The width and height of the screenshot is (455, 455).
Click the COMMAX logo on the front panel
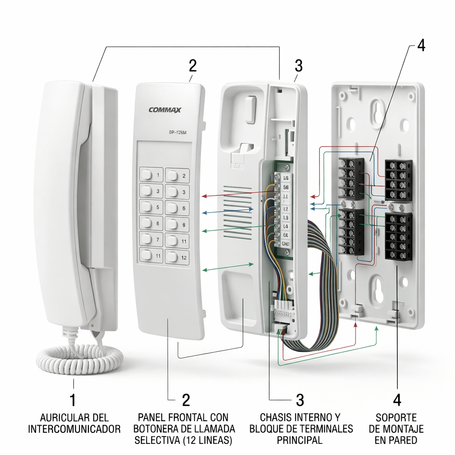[x=165, y=110]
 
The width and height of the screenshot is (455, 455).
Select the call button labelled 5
[x=152, y=207]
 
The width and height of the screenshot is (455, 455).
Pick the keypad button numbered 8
[x=177, y=224]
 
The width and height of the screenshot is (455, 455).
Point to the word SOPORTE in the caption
[x=396, y=418]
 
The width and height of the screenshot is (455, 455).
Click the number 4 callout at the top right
[x=421, y=46]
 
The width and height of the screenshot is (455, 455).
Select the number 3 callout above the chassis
[x=299, y=66]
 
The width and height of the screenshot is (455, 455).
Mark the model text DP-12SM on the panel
[x=180, y=132]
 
